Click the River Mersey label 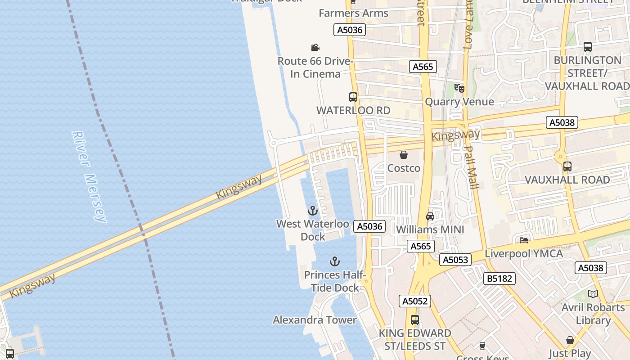coord(90,176)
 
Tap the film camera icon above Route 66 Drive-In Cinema coord(315,47)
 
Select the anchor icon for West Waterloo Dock coord(312,210)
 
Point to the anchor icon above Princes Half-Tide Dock coord(334,261)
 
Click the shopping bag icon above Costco coord(404,155)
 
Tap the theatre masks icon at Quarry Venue coord(459,88)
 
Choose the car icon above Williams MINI coord(430,216)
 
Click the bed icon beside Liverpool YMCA coord(524,240)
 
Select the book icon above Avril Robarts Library coord(593,294)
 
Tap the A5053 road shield coord(456,260)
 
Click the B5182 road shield coord(499,279)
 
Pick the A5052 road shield coord(414,301)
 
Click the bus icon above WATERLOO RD coord(353,97)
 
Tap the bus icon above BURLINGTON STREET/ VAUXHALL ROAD coord(587,46)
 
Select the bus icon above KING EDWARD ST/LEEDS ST coord(414,320)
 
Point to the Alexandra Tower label coord(315,320)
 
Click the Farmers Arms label coord(353,13)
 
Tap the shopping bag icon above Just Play coord(570,340)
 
